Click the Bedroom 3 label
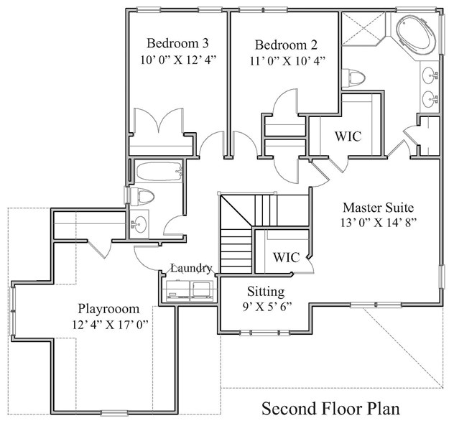[x=177, y=43]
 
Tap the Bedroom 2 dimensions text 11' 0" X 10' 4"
[x=287, y=61]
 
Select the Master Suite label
[x=378, y=208]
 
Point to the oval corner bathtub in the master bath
[x=417, y=34]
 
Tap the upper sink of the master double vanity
[x=430, y=75]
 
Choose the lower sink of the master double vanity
[x=430, y=99]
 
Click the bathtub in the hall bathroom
[x=159, y=172]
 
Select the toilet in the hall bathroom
[x=142, y=196]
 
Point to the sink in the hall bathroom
[x=139, y=224]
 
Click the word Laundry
[x=191, y=269]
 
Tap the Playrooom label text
[x=108, y=309]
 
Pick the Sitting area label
[x=266, y=292]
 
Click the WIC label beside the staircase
[x=286, y=257]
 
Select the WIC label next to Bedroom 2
[x=348, y=136]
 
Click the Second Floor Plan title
[x=330, y=409]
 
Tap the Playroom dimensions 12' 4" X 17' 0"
[x=110, y=325]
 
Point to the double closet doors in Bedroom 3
[x=159, y=121]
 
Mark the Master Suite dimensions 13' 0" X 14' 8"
[x=379, y=223]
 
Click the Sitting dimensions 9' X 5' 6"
[x=267, y=307]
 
